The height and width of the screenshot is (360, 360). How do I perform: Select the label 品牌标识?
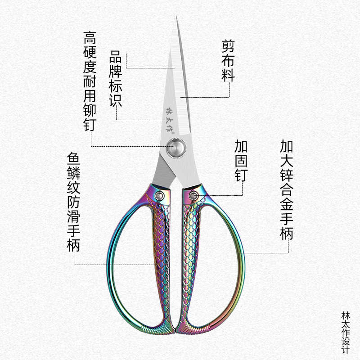(x=116, y=79)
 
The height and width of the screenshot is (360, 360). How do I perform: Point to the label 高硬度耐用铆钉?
(x=89, y=81)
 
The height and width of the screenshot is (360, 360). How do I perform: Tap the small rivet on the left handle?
(x=159, y=196)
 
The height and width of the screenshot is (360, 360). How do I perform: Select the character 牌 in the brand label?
(x=116, y=72)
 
